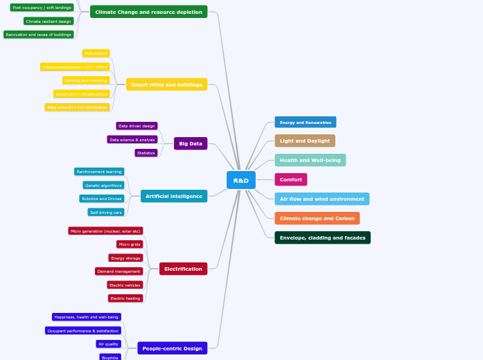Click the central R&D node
(x=240, y=180)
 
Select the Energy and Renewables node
(x=305, y=123)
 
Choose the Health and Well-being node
(x=310, y=160)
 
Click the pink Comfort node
(x=290, y=179)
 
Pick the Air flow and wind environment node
(x=322, y=199)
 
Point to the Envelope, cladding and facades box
(x=322, y=237)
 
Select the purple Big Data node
(x=191, y=143)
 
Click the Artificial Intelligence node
(x=174, y=196)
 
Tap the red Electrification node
(x=183, y=269)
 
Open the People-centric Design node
(x=172, y=348)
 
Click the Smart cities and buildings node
(x=166, y=84)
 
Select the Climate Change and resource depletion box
(x=149, y=12)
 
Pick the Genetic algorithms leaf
(x=103, y=185)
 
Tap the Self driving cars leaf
(x=106, y=213)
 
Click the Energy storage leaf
(x=125, y=258)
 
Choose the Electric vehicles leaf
(x=125, y=285)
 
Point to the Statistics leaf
(x=146, y=153)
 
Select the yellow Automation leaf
(x=96, y=53)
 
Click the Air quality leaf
(x=108, y=344)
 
